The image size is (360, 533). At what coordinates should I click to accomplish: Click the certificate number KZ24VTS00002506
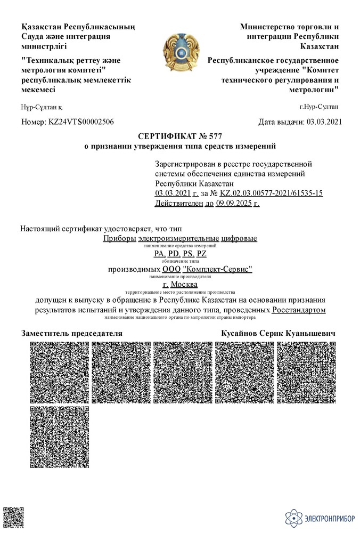click(81, 122)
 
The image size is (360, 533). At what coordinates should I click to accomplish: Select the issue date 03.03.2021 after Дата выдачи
click(322, 122)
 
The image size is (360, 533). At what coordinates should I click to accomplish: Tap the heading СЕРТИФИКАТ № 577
click(179, 136)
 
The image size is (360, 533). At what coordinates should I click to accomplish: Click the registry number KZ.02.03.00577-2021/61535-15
click(271, 193)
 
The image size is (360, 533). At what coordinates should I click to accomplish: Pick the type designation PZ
click(201, 254)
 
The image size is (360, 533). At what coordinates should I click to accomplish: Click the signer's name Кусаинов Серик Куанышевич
click(279, 333)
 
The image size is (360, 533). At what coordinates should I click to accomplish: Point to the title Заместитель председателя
click(72, 333)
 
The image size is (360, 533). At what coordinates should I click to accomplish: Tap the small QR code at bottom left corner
click(11, 518)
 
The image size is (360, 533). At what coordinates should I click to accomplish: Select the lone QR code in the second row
click(59, 436)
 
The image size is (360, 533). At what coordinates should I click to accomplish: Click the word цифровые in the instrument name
click(239, 238)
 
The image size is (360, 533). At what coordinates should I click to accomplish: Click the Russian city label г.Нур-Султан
click(318, 107)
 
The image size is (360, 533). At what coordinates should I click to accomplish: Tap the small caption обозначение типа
click(179, 261)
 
